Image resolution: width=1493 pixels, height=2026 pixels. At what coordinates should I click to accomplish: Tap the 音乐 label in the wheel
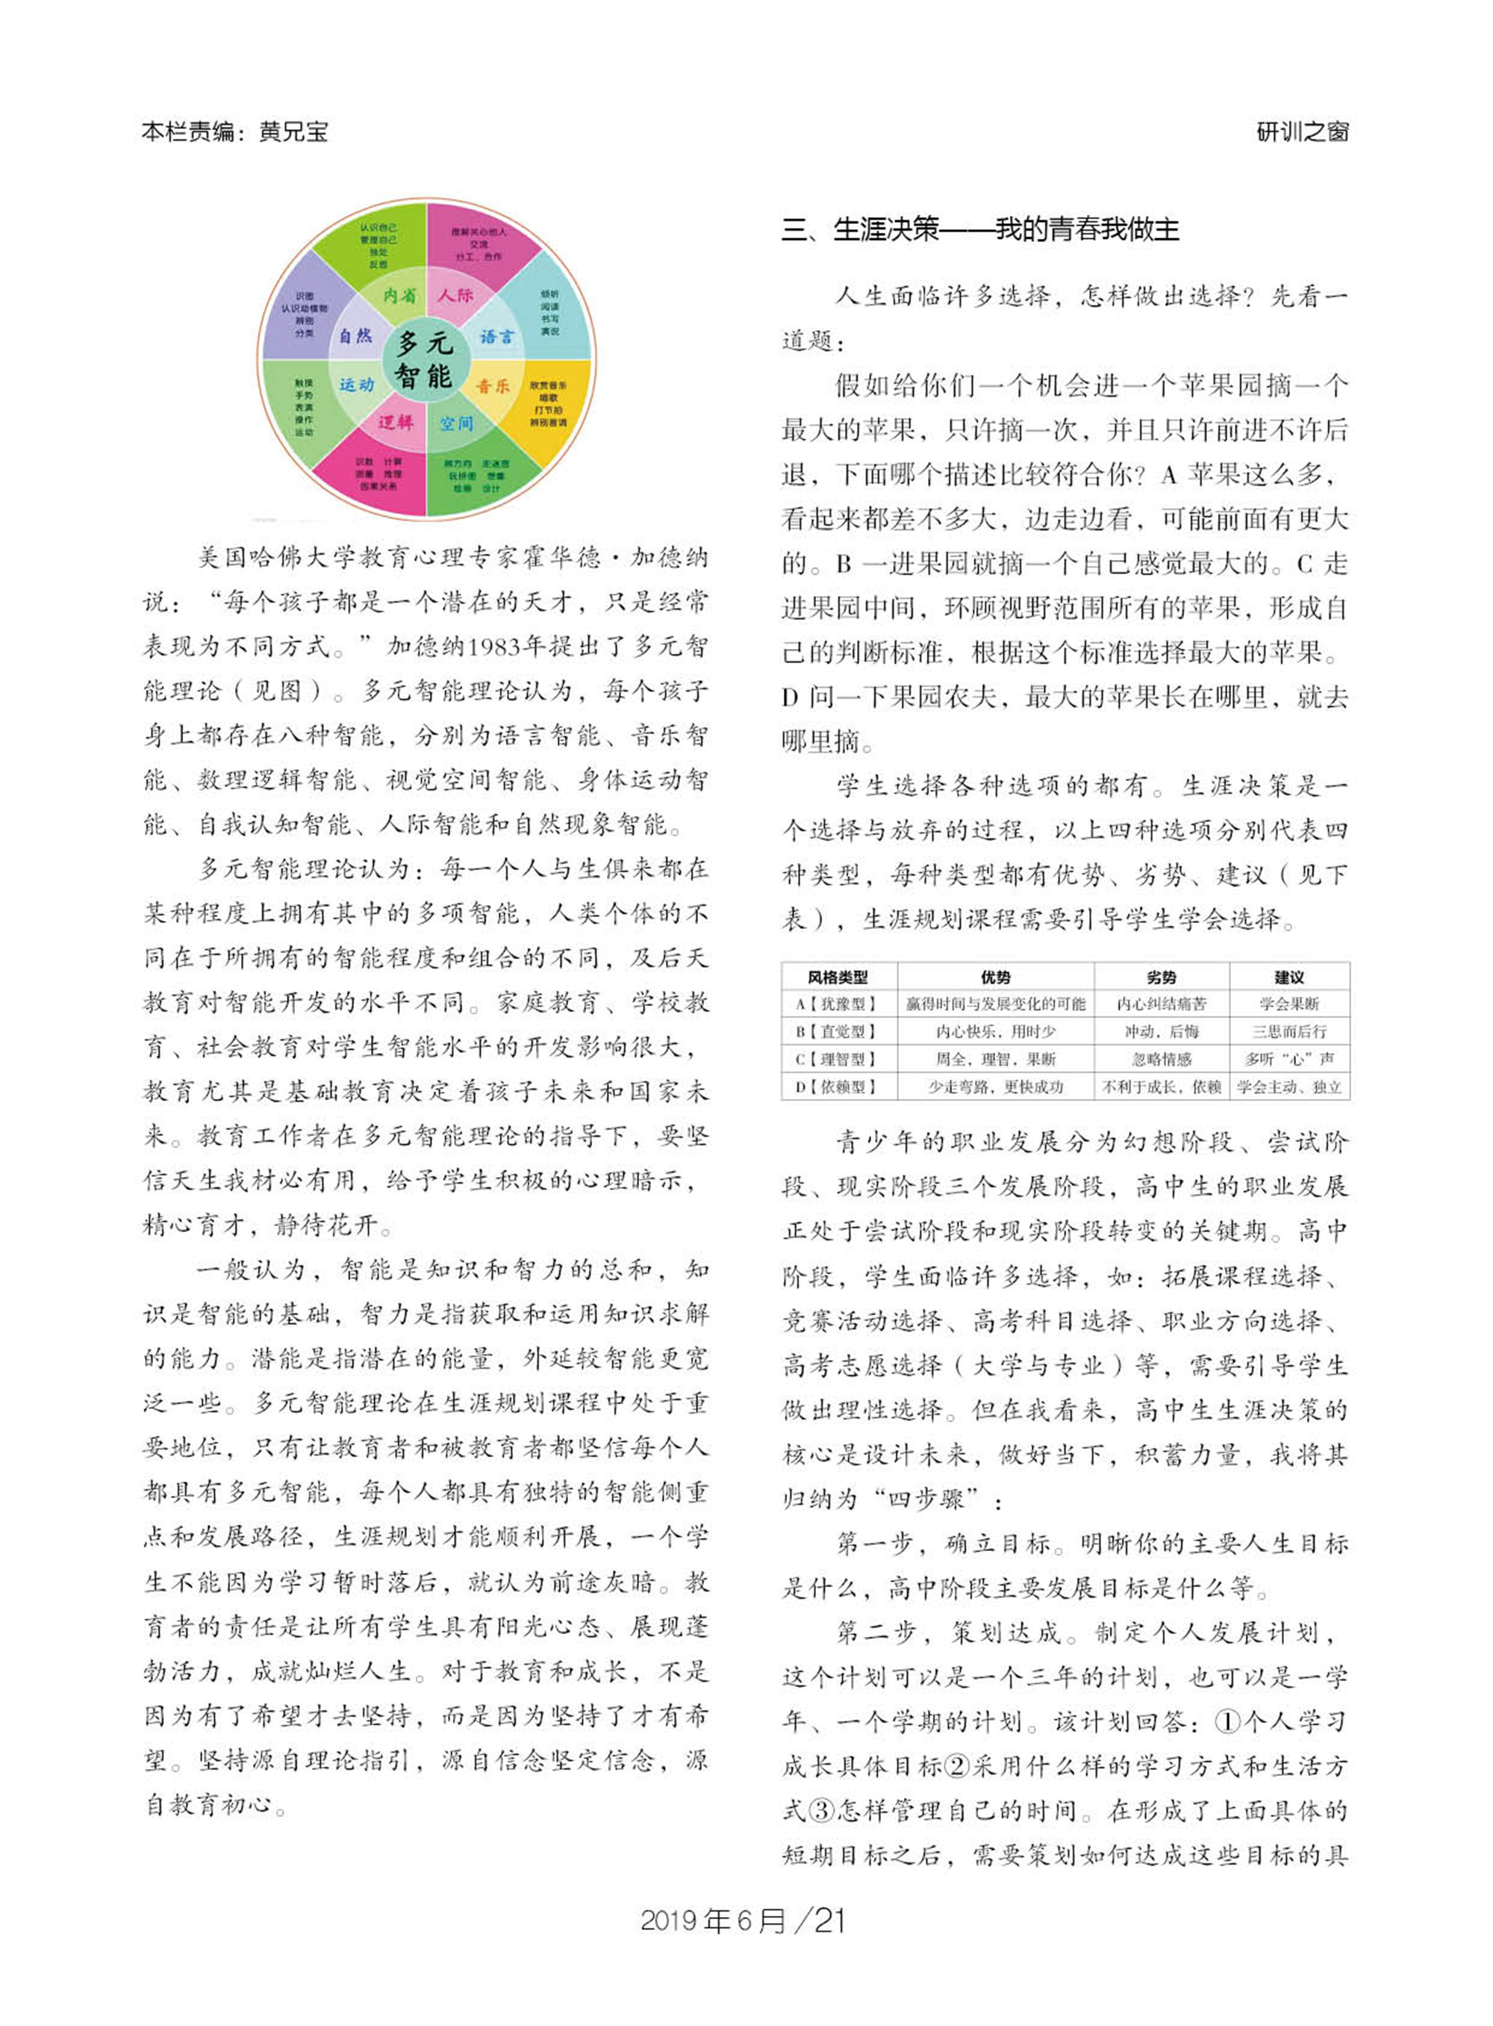point(493,386)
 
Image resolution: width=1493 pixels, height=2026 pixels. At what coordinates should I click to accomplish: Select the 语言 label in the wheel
point(496,336)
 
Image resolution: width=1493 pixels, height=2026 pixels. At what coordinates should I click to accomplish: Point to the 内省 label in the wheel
point(399,296)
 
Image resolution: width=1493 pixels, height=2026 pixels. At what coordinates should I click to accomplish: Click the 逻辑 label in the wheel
point(395,421)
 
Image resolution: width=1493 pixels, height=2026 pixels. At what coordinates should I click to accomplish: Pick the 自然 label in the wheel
point(355,336)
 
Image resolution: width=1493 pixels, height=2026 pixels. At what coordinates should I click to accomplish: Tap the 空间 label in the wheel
point(455,423)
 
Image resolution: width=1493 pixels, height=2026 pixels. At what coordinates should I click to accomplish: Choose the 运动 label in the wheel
point(356,385)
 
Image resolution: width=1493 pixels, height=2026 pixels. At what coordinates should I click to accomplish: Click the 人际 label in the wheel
point(455,295)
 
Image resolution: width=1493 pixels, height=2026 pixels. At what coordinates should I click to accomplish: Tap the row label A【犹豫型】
point(838,1004)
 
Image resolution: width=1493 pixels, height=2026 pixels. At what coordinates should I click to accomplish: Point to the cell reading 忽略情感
point(1162,1059)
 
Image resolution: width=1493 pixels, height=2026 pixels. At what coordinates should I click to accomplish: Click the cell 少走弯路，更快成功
point(995,1087)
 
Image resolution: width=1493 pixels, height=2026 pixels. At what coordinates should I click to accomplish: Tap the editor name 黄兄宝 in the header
point(293,132)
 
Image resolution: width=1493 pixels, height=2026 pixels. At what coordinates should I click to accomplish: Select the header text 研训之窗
point(1303,132)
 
